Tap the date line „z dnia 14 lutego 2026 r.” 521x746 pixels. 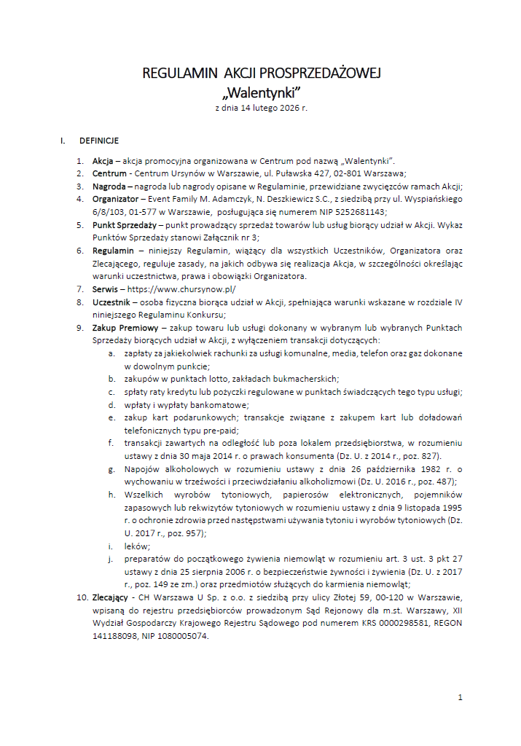[x=260, y=108]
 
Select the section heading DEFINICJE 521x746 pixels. [x=99, y=141]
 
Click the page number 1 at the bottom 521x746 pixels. [x=460, y=697]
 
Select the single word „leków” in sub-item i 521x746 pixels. [x=136, y=546]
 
